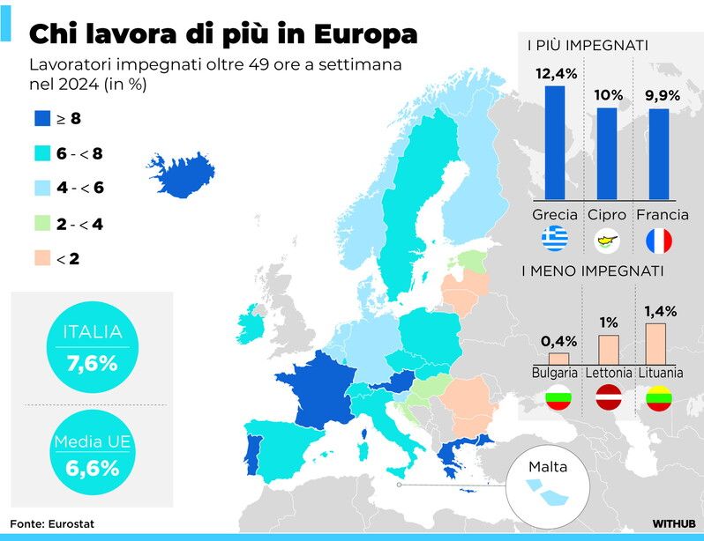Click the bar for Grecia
point(555,142)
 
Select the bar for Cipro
point(607,153)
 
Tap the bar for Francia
point(658,153)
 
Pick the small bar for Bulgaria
point(558,359)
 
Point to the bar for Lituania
point(655,344)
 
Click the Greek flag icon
point(555,239)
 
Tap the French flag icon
point(658,240)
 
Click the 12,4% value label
point(556,74)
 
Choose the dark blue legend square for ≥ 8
point(41,117)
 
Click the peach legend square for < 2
point(41,259)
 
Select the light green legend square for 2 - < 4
point(41,224)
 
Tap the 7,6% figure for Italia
point(92,363)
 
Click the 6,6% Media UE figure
point(92,468)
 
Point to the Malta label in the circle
point(548,466)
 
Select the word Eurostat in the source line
point(72,523)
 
